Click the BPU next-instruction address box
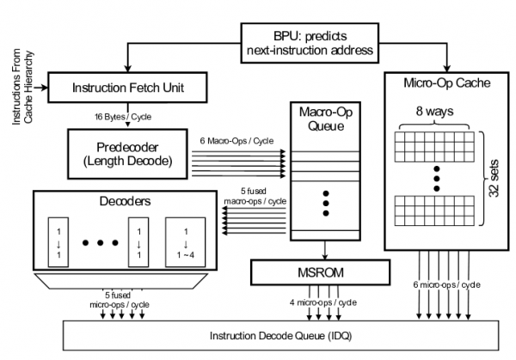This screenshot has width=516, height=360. point(309,42)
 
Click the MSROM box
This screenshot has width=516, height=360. point(325,274)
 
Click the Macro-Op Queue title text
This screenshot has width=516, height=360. point(324,119)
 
